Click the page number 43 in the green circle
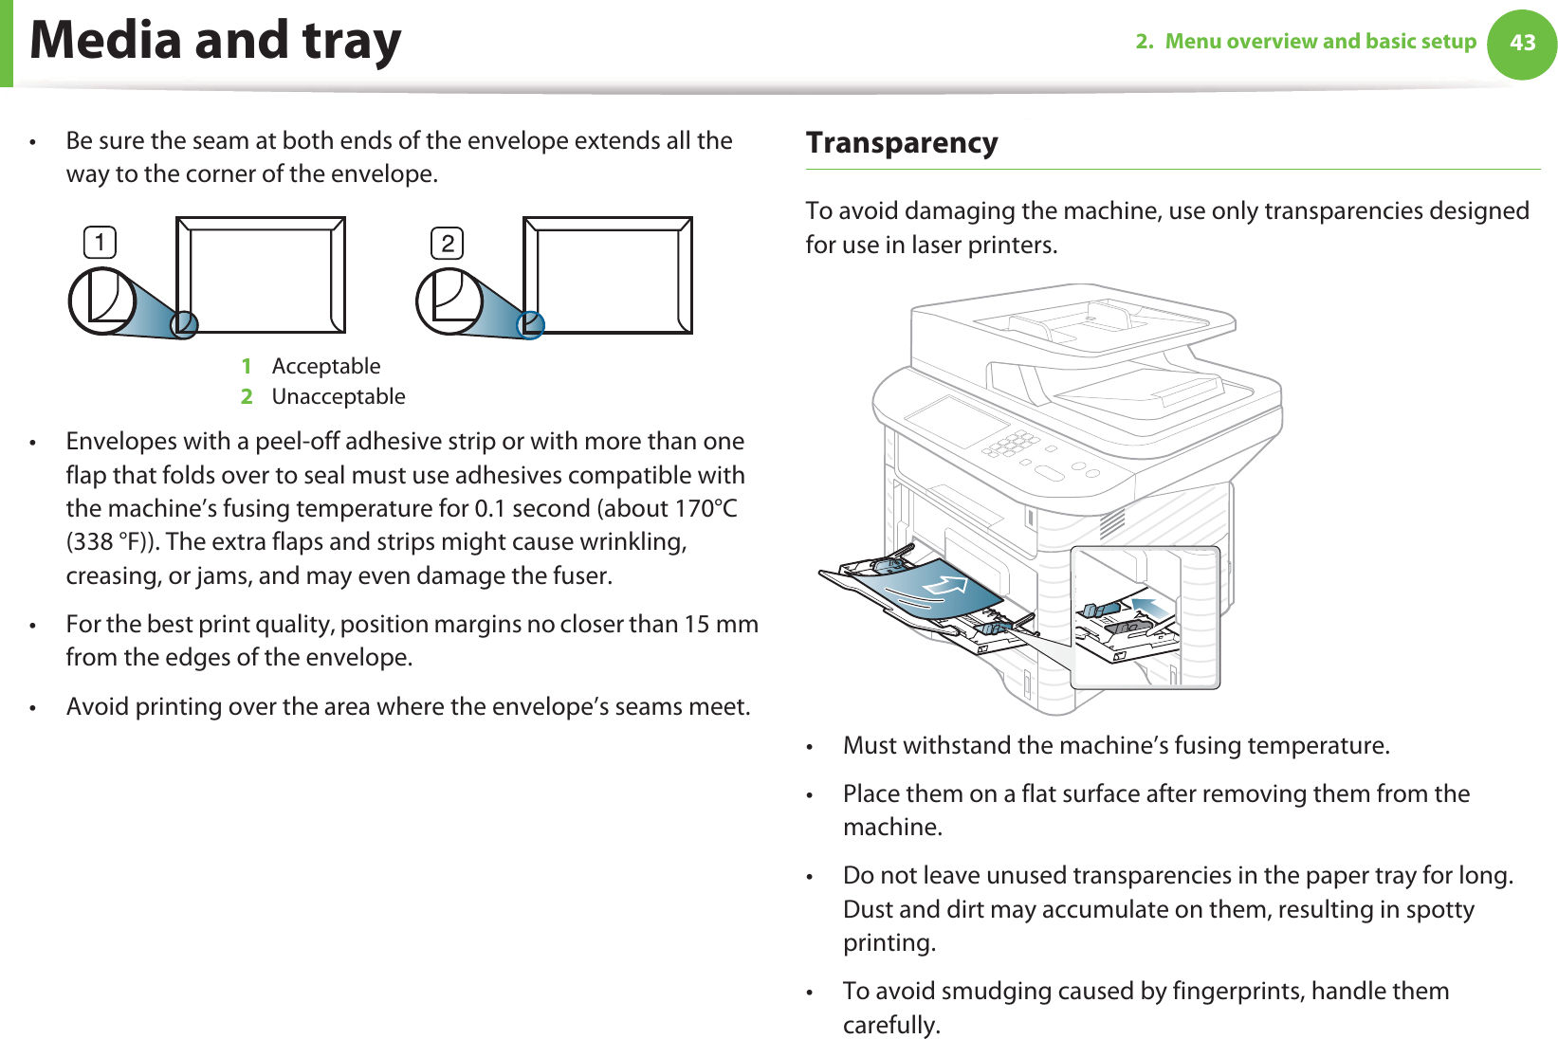tap(1522, 44)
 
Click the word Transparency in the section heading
tap(902, 143)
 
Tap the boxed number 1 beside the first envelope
tap(100, 243)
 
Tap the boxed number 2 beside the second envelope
tap(448, 244)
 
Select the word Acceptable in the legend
tap(326, 366)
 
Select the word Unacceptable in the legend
tap(339, 396)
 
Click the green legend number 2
tap(247, 396)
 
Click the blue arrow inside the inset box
tap(1148, 607)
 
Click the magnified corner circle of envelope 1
tap(102, 301)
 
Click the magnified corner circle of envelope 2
tap(449, 301)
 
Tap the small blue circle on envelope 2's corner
tap(530, 325)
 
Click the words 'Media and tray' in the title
tap(216, 42)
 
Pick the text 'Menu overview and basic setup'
tap(1320, 42)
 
